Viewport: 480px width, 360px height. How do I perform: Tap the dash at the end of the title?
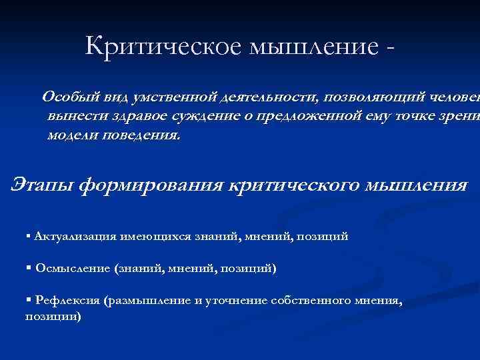tap(389, 48)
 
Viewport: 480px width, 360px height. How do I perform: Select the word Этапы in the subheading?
tap(41, 184)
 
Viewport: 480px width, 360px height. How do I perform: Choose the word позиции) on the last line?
tap(53, 317)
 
